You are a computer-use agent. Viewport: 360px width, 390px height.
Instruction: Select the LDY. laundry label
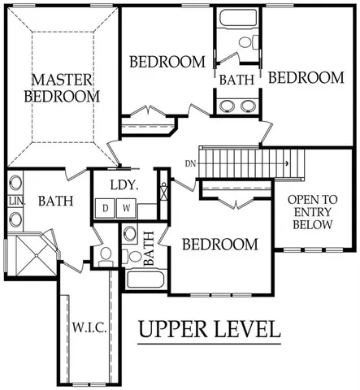click(x=124, y=185)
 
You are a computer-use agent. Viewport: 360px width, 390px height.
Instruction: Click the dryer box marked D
click(x=106, y=209)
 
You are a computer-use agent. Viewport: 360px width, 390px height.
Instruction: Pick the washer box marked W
click(x=126, y=209)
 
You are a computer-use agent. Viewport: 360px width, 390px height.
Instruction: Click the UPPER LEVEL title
click(x=209, y=331)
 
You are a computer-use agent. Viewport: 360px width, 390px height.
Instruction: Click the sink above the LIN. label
click(x=16, y=183)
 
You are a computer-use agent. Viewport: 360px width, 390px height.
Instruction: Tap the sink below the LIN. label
click(x=16, y=219)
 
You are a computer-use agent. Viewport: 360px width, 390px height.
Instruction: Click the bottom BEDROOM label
click(x=219, y=245)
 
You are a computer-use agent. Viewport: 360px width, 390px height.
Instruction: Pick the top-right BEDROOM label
click(x=306, y=78)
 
